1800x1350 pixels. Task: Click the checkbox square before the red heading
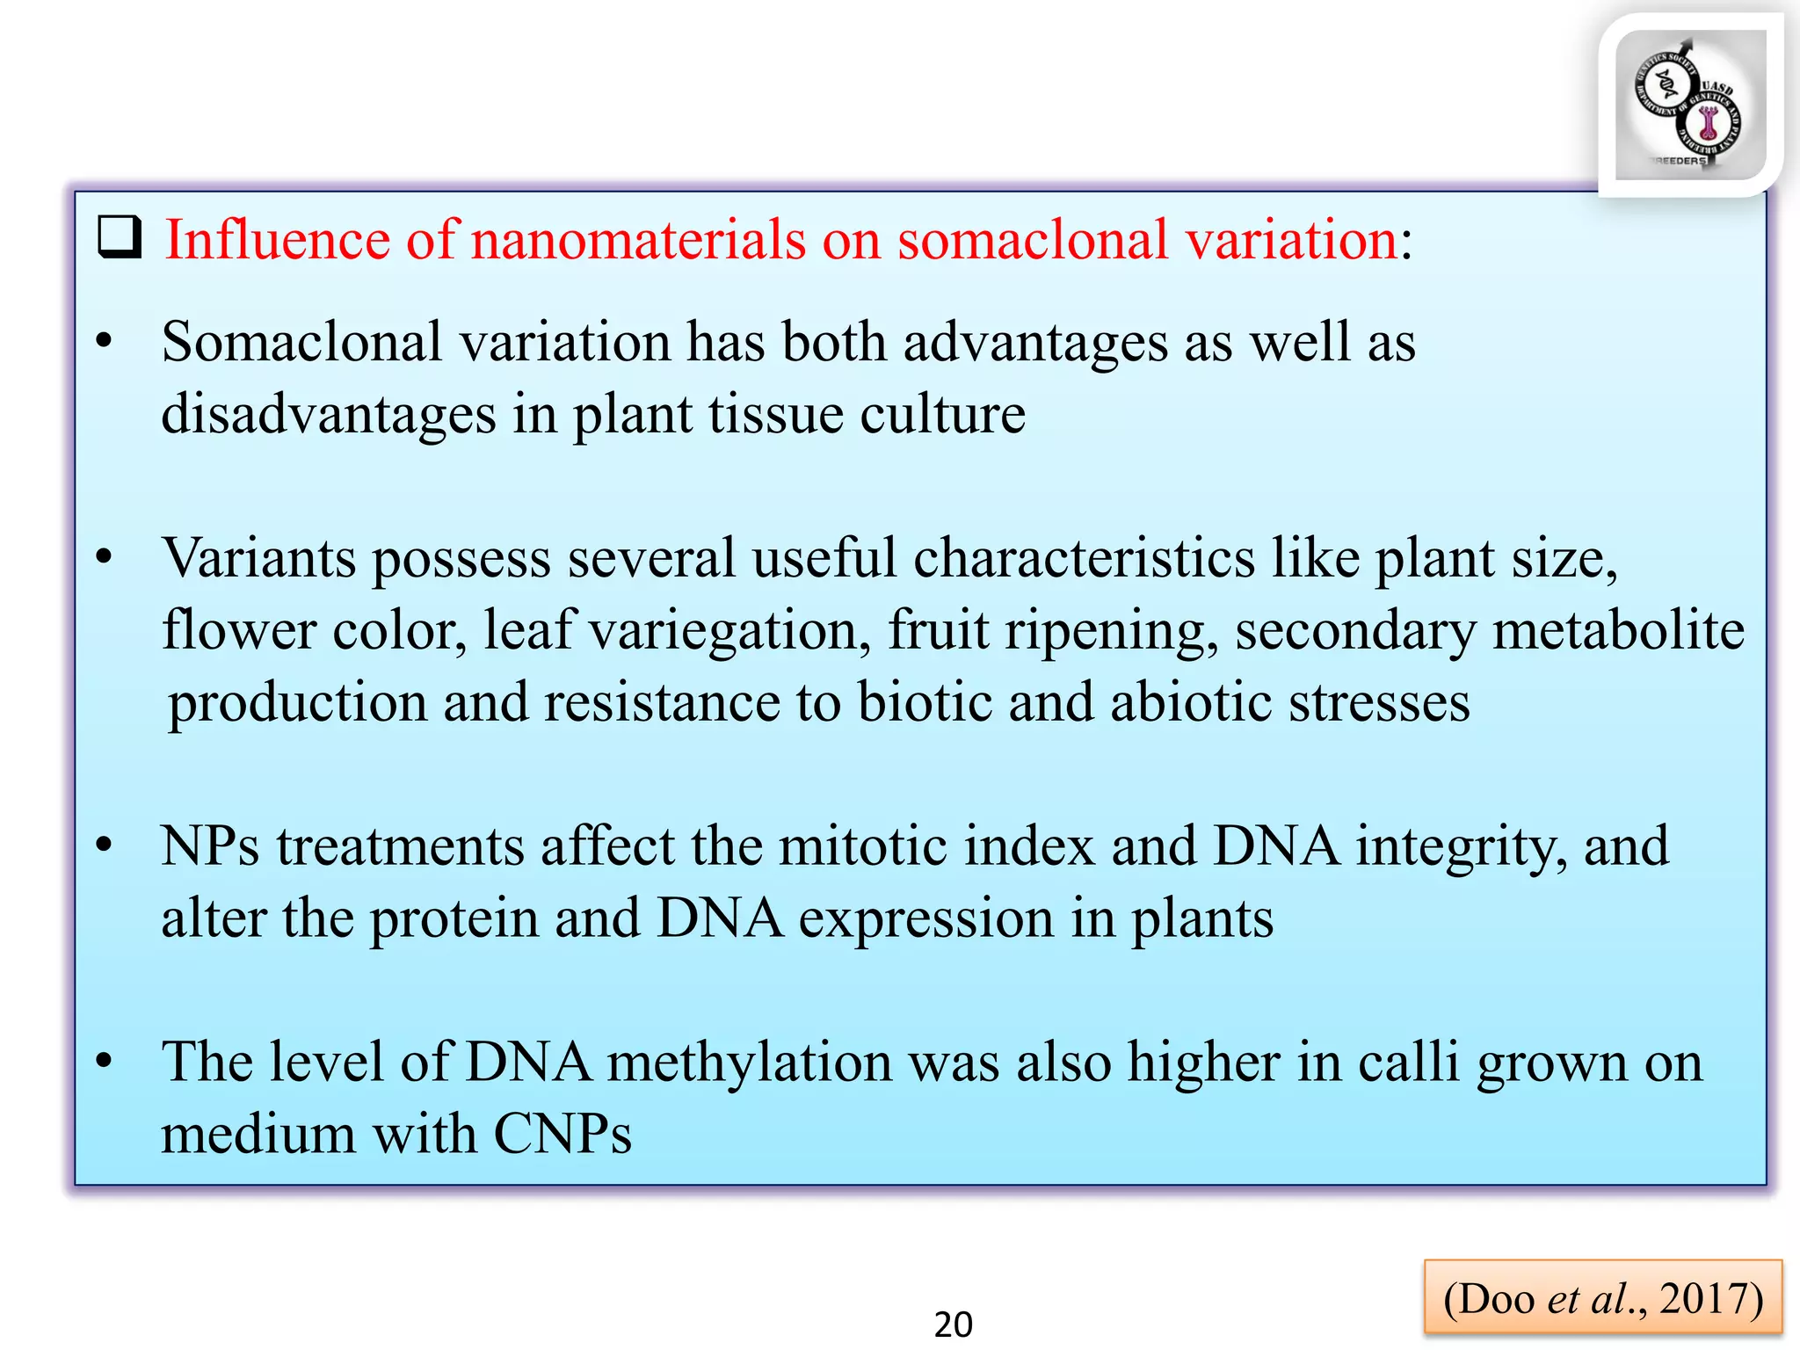[120, 237]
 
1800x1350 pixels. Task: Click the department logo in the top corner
[1689, 105]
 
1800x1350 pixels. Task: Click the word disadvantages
[328, 415]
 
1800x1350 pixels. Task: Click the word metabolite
[1618, 631]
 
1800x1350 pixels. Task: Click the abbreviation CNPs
[562, 1134]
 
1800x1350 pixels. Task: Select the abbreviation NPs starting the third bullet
[210, 846]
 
